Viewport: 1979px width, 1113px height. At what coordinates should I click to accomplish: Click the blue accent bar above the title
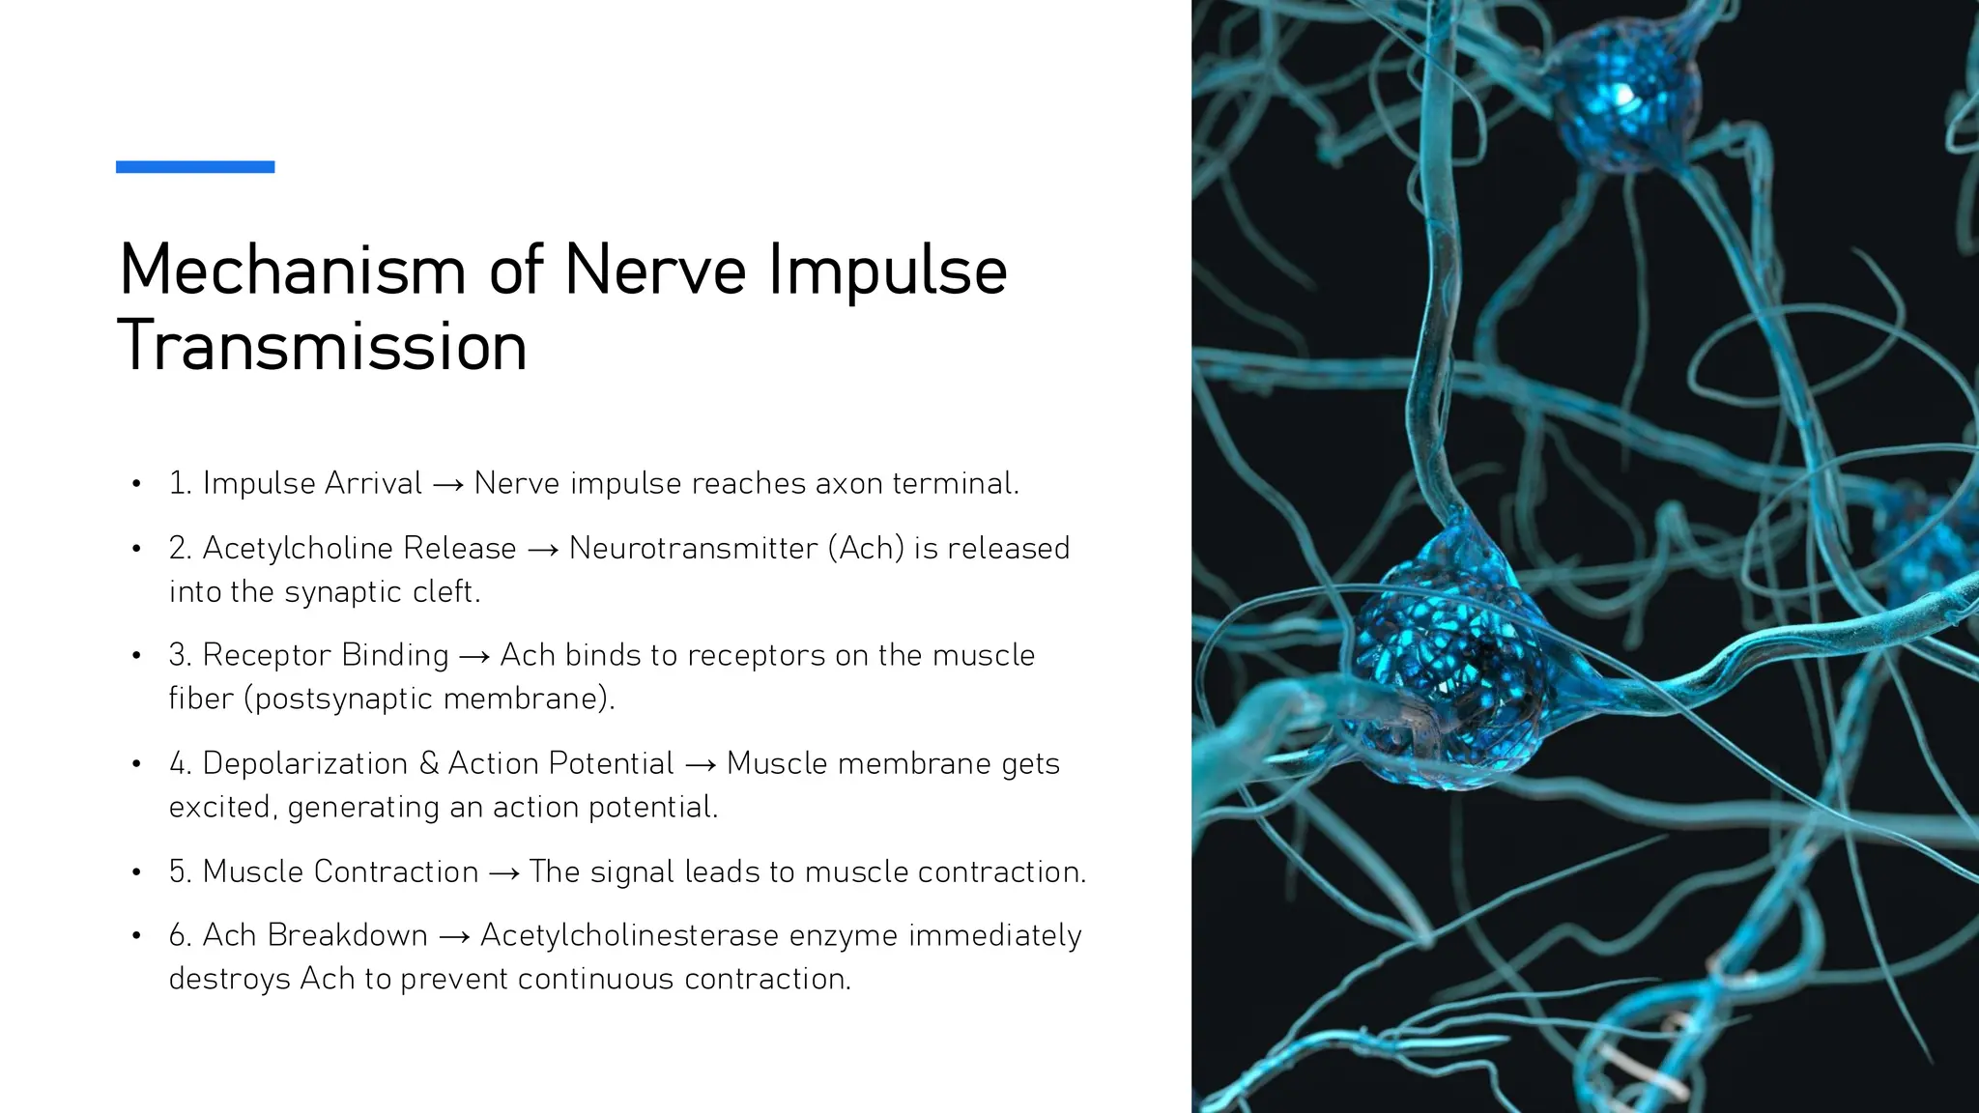tap(195, 167)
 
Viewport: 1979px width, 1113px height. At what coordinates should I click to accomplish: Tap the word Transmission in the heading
tap(322, 346)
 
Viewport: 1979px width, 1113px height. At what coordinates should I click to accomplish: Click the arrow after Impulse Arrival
tap(448, 484)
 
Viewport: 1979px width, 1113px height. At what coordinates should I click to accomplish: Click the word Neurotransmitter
tap(693, 548)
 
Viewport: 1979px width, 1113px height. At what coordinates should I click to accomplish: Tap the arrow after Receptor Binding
tap(474, 656)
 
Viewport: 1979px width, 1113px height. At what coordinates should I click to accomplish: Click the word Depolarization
tap(304, 763)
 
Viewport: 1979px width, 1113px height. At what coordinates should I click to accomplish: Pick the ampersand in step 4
tap(429, 763)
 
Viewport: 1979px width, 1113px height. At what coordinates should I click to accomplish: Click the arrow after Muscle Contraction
tap(503, 872)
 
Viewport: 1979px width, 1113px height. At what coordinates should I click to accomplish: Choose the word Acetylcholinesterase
tap(629, 935)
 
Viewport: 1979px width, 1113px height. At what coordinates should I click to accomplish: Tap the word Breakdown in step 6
tap(347, 935)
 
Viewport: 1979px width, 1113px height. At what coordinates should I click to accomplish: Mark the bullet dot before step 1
tap(137, 483)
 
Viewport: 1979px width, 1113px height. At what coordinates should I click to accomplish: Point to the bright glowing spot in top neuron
tap(1624, 95)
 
